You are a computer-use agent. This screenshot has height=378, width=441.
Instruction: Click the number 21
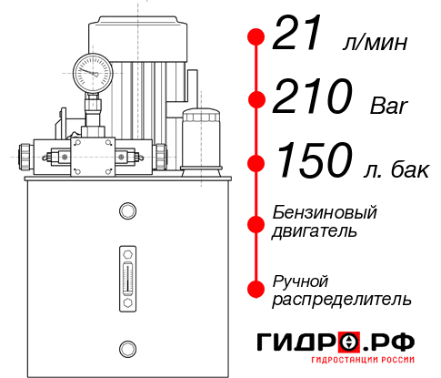click(x=299, y=36)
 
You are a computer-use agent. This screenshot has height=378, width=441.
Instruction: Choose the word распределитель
click(x=343, y=299)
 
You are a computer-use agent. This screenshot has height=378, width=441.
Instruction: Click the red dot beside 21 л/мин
click(x=256, y=37)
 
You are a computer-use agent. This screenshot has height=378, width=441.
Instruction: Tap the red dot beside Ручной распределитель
click(x=256, y=289)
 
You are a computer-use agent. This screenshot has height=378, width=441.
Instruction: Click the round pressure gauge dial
click(x=92, y=69)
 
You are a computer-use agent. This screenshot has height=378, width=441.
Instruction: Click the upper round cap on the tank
click(x=126, y=211)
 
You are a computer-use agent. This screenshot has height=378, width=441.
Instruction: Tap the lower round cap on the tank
click(x=126, y=346)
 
